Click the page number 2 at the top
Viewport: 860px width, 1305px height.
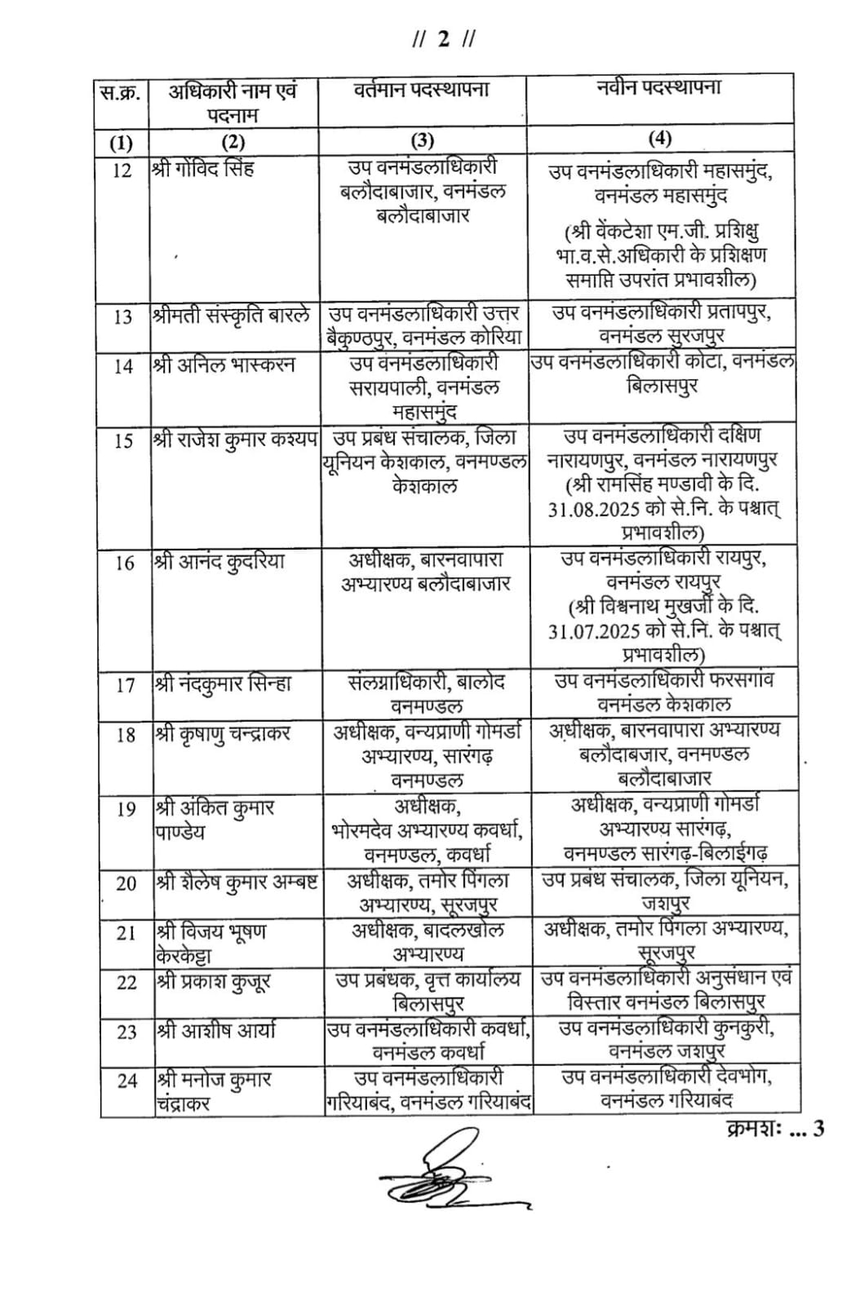click(x=443, y=39)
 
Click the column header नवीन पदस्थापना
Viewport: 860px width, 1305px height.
click(x=659, y=88)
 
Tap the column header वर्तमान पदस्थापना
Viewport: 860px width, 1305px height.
click(x=422, y=89)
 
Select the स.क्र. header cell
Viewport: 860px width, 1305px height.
click(x=120, y=92)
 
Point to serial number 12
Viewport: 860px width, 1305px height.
click(x=122, y=170)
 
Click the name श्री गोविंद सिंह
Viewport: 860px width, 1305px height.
click(x=203, y=169)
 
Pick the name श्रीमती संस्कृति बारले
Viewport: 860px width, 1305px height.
click(x=232, y=315)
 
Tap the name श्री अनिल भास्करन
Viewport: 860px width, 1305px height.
click(x=225, y=365)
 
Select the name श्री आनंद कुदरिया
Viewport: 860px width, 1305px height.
click(x=220, y=561)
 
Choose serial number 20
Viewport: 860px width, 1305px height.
click(x=126, y=883)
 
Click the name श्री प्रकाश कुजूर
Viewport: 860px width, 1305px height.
click(x=214, y=981)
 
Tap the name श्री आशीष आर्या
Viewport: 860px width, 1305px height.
click(x=216, y=1030)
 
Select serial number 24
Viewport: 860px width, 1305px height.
click(x=126, y=1081)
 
